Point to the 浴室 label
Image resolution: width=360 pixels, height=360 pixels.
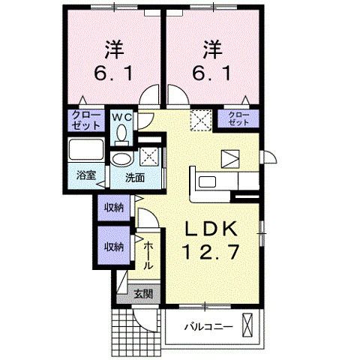[85, 175]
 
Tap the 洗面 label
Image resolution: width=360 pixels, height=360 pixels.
[135, 178]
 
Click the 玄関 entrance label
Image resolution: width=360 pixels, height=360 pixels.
[142, 293]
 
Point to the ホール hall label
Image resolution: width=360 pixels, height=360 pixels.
[148, 255]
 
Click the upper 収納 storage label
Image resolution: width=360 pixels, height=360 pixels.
[114, 206]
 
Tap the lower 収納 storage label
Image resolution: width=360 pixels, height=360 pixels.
[114, 246]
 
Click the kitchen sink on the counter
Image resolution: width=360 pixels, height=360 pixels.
[207, 181]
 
